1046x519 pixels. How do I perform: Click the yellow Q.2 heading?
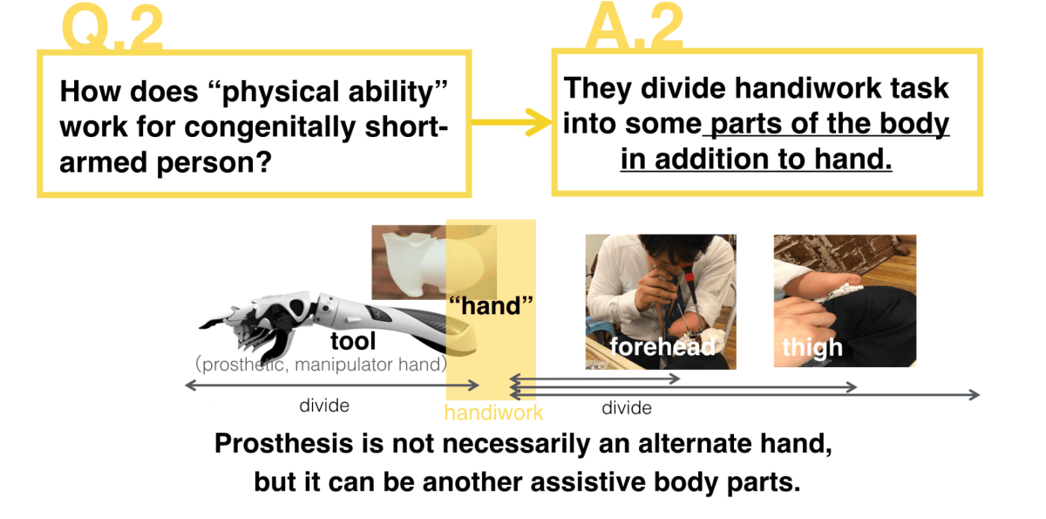point(112,27)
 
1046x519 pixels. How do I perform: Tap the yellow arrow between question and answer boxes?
point(512,122)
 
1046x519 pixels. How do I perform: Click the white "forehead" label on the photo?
point(662,346)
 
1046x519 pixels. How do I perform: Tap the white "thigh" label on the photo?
point(812,347)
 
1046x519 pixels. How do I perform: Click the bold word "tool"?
point(353,341)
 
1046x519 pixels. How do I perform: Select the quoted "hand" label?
point(491,306)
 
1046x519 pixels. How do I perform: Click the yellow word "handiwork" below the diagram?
point(493,413)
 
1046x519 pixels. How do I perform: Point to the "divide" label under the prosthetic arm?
point(324,406)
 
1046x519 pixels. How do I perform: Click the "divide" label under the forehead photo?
point(626,408)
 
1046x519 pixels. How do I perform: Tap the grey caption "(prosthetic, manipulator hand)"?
point(322,365)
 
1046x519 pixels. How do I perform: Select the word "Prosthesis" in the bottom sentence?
point(283,444)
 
